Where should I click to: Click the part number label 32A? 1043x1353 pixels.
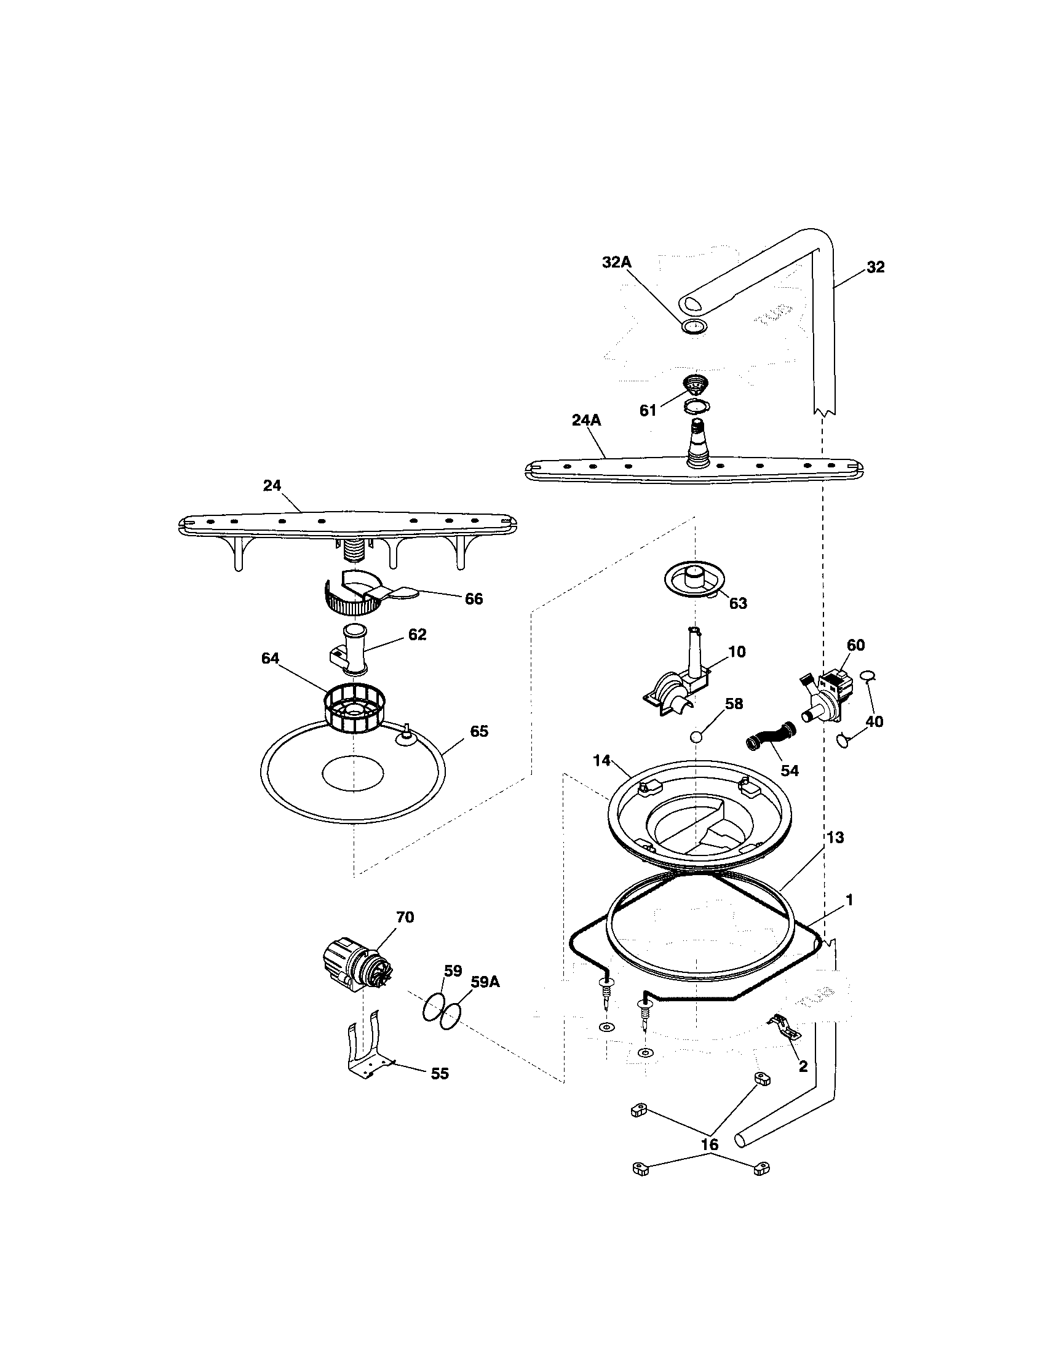[616, 263]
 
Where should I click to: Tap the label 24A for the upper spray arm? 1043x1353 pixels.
[586, 421]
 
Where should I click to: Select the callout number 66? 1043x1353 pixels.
[473, 599]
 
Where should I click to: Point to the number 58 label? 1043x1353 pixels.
[733, 704]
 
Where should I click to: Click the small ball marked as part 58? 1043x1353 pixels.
[696, 737]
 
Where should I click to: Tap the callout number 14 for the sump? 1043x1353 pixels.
[601, 761]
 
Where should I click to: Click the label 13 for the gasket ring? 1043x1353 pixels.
[835, 838]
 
